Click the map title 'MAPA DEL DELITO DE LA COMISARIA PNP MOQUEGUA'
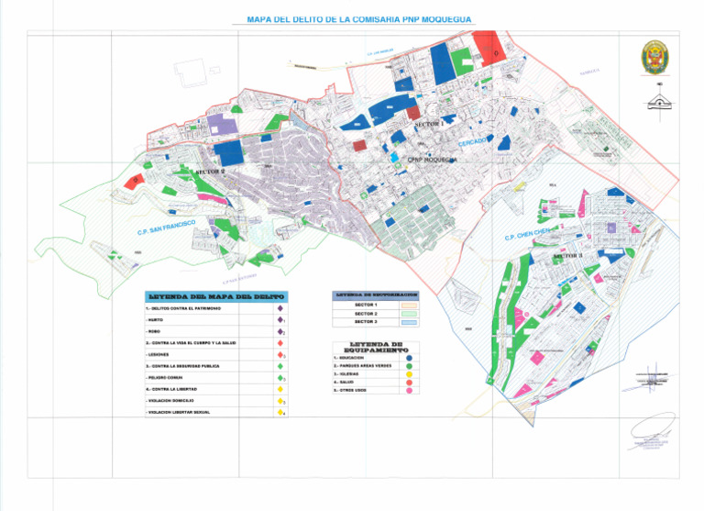point(358,19)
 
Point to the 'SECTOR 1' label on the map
point(429,123)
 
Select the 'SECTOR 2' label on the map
point(210,171)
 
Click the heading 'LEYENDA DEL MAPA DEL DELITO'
point(215,297)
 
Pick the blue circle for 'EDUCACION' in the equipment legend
point(409,356)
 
